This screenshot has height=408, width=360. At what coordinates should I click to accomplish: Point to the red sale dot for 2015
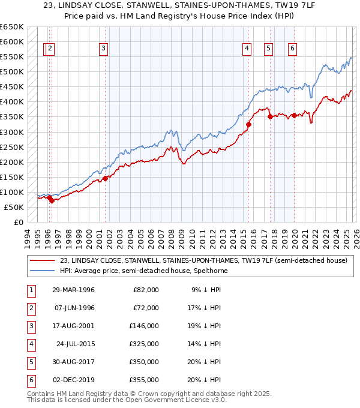[x=248, y=125]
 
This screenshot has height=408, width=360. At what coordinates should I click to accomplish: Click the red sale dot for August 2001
[x=105, y=178]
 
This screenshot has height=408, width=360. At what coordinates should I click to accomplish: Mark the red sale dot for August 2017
[x=270, y=117]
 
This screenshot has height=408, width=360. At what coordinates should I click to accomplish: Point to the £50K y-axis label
[x=14, y=207]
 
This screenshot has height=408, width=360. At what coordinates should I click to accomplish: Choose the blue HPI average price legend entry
[x=143, y=271]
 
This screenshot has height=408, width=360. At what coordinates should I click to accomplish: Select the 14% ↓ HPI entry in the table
[x=205, y=344]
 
